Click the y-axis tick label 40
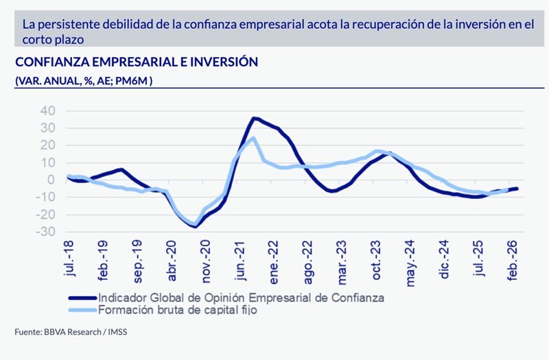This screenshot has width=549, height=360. click(47, 110)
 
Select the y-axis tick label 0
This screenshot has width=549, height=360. click(51, 180)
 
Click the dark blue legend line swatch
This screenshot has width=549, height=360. click(82, 298)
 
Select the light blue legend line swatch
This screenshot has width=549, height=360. click(82, 310)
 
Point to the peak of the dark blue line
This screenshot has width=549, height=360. click(254, 118)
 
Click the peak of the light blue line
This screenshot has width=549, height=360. click(253, 139)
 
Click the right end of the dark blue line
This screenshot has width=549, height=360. click(517, 189)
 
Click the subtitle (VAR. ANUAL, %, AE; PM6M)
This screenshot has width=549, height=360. click(84, 81)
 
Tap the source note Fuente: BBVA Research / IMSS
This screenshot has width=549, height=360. click(71, 333)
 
